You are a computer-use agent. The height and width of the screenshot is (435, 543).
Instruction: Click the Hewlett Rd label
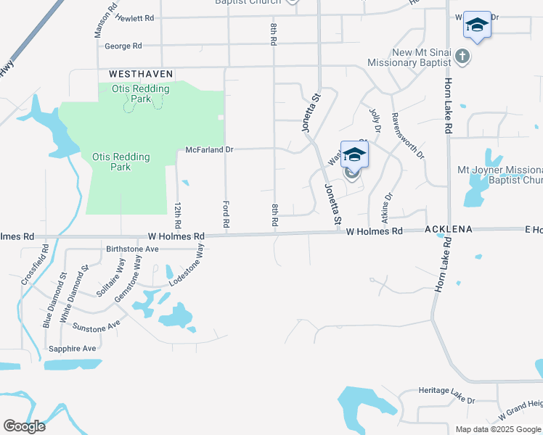pos(135,17)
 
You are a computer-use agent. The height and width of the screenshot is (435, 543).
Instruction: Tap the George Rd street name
pos(123,46)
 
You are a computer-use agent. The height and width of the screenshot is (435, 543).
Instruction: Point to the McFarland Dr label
pos(208,150)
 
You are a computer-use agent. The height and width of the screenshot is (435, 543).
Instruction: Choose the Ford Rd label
pos(226,215)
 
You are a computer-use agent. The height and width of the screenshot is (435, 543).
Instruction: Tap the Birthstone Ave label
pos(132,248)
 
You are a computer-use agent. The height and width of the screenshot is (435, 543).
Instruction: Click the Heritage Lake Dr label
pos(446,400)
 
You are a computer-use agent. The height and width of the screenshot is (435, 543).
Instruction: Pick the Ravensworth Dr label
pos(408,135)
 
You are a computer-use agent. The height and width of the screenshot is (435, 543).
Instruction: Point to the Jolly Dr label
pos(375,120)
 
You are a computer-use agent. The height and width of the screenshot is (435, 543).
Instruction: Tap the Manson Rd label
pos(104,22)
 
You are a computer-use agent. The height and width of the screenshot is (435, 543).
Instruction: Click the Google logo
pos(24,426)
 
